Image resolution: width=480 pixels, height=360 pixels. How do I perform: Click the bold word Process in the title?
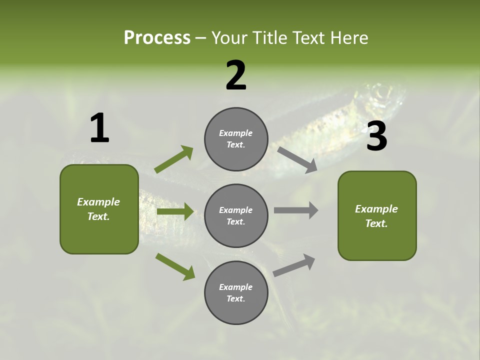157,38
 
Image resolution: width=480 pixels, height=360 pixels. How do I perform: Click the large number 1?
99,128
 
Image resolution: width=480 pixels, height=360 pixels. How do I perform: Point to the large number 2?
236,75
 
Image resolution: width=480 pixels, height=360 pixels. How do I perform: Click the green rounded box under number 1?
99,209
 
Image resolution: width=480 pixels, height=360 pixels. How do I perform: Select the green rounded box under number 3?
377,216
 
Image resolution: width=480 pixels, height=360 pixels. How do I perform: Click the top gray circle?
236,139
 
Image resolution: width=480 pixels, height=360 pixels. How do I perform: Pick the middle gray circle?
236,216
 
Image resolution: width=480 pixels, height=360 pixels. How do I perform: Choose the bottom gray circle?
236,293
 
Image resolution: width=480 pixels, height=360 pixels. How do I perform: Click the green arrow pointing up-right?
174,159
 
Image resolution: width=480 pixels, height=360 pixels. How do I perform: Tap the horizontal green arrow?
175,211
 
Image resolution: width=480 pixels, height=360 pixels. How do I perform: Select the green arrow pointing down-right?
175,266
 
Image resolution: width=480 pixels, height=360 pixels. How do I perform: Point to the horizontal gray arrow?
296,210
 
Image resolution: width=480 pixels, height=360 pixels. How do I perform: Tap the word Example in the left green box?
98,202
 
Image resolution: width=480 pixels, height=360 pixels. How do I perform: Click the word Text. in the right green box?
376,223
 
